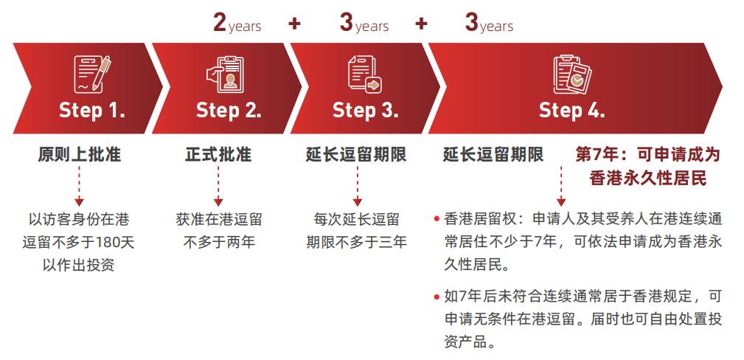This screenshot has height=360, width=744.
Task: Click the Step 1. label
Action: click(x=92, y=110)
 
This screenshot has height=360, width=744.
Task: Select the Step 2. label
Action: click(x=229, y=110)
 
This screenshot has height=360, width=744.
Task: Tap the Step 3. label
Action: click(x=365, y=110)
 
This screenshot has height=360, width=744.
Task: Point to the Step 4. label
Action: click(x=571, y=110)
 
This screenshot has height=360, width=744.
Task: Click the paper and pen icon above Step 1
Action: click(x=92, y=74)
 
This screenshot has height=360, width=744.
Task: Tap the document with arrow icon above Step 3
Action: click(x=365, y=74)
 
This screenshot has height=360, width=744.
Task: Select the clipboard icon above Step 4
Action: click(x=572, y=75)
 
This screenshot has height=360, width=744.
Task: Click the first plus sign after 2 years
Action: click(x=295, y=24)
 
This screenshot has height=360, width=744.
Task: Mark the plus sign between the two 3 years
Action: click(x=421, y=24)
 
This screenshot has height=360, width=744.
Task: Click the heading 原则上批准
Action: click(x=79, y=155)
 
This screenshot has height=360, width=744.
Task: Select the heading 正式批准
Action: click(x=218, y=155)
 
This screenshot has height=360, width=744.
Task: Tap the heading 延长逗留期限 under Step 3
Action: click(x=356, y=155)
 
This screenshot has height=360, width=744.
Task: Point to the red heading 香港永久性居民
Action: click(x=648, y=178)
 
